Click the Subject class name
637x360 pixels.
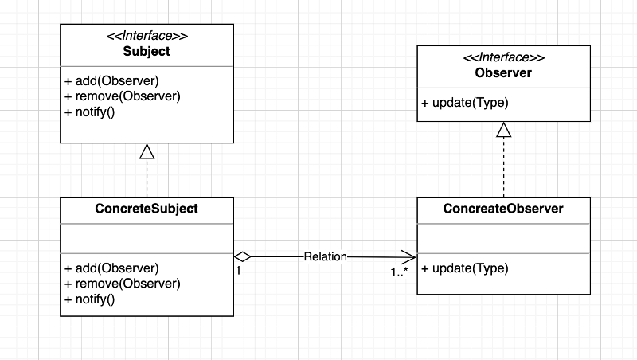pos(147,52)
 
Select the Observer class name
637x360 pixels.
pos(503,73)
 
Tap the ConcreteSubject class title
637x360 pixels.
pos(147,209)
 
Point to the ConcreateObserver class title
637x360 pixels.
pos(503,209)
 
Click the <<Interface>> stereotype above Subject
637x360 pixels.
pos(147,37)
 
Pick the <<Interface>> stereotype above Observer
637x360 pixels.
pos(503,58)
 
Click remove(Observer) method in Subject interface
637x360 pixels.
pos(123,96)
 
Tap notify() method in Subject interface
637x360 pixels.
pos(90,112)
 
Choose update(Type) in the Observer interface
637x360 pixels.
pos(465,103)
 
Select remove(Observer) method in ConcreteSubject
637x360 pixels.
pos(123,284)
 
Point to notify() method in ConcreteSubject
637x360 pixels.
pos(90,299)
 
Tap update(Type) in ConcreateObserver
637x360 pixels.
pos(465,268)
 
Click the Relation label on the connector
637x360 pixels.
pos(325,256)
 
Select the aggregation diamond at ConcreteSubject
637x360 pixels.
pos(243,256)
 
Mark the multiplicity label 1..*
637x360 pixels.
pos(400,272)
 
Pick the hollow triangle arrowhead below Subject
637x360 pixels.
pos(147,151)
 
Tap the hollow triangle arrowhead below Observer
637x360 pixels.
pos(503,130)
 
